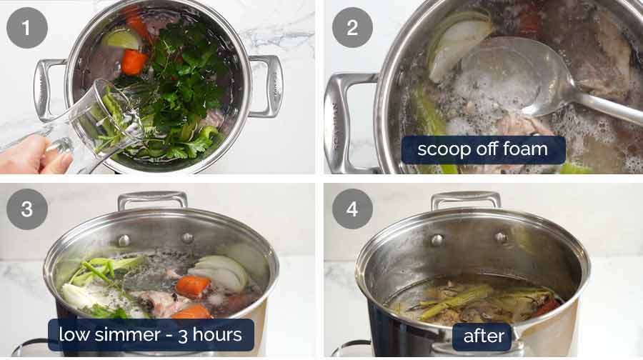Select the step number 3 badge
(27, 209)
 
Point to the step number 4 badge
(352, 209)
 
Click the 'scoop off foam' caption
(483, 150)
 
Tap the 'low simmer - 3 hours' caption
(151, 334)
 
